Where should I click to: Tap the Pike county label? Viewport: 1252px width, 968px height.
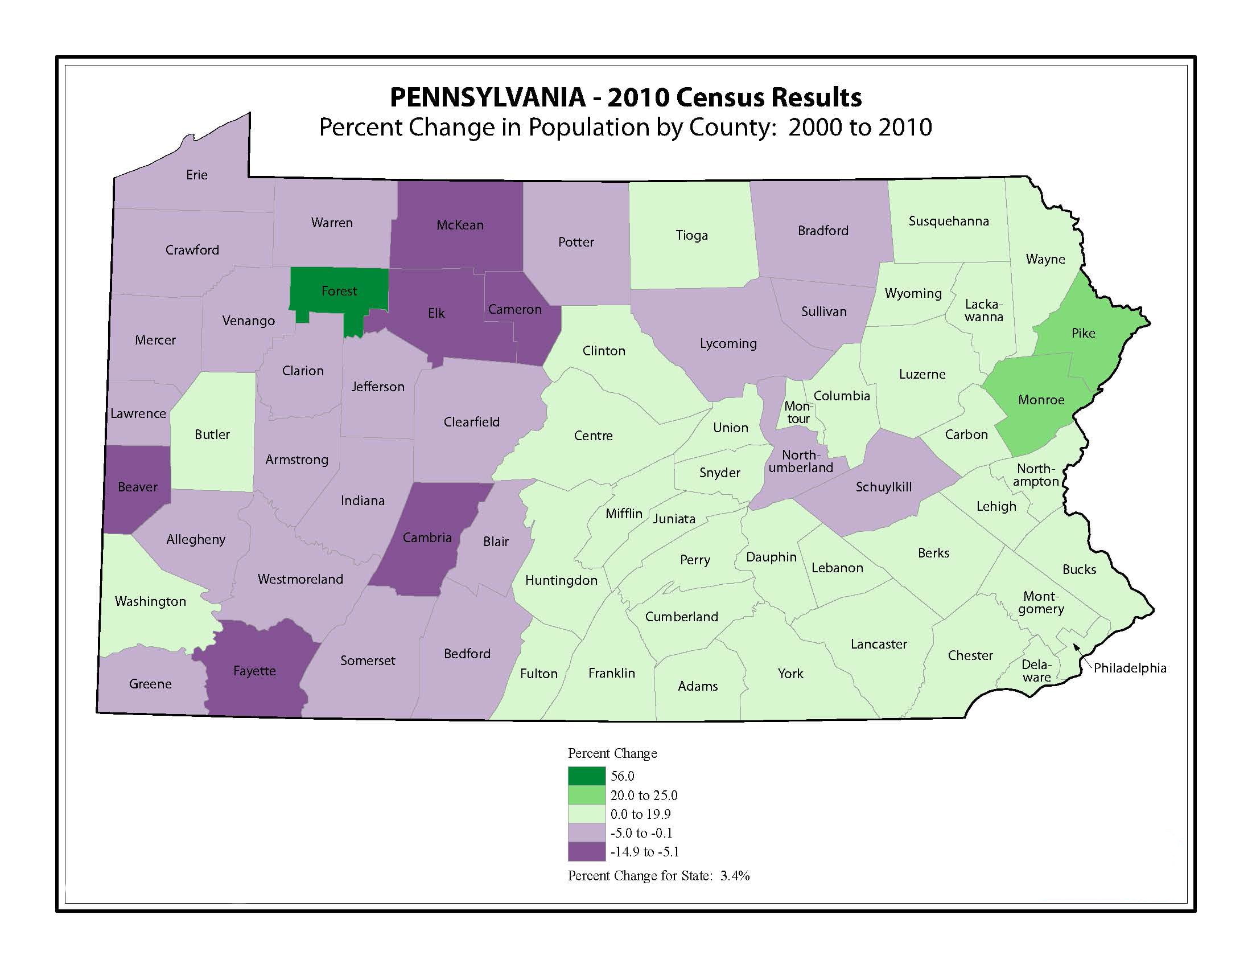(x=1083, y=333)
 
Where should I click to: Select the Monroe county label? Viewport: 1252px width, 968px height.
(x=1040, y=400)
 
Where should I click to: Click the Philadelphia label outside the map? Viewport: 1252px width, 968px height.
(x=1129, y=668)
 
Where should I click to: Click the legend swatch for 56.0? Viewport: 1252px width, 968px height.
(x=586, y=776)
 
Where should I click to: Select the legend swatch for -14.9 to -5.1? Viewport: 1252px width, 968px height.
(x=586, y=852)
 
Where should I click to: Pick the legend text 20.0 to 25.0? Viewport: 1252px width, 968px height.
(x=644, y=795)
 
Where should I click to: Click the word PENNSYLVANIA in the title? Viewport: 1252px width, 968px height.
(x=487, y=97)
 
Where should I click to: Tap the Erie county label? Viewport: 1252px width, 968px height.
(x=197, y=175)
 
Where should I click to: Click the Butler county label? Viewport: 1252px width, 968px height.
(x=212, y=434)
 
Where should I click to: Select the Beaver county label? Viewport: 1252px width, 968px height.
(x=138, y=487)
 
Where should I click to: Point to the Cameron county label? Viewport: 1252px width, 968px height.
(x=514, y=310)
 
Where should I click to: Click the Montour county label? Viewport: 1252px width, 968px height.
(x=798, y=412)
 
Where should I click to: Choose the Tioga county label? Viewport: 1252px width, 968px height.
(x=691, y=235)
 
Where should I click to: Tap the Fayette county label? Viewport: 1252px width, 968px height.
(x=254, y=671)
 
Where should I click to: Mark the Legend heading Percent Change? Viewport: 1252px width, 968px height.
(x=612, y=753)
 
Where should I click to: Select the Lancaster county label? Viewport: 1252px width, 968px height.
(x=878, y=644)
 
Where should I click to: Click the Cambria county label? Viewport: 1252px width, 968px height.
(x=427, y=538)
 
